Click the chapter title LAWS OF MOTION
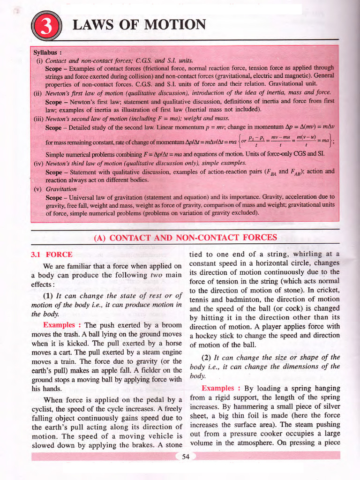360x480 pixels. coord(139,25)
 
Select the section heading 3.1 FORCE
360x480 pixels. coord(52,255)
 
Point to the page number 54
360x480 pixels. coord(185,457)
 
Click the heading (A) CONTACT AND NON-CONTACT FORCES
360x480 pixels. coord(185,238)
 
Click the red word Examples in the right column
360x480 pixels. coord(218,388)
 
